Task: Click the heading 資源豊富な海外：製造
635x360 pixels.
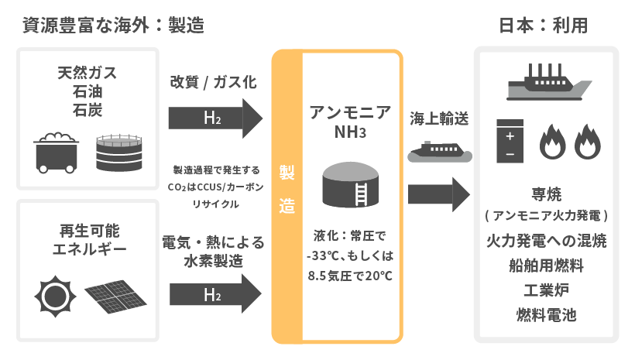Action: point(108,25)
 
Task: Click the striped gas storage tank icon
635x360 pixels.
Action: point(120,152)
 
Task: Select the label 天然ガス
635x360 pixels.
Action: point(87,74)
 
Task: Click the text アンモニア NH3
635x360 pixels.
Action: point(350,121)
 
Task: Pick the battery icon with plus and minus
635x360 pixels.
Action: point(510,142)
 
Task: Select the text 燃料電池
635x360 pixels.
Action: point(547,315)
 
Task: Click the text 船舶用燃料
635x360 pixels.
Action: point(547,266)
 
